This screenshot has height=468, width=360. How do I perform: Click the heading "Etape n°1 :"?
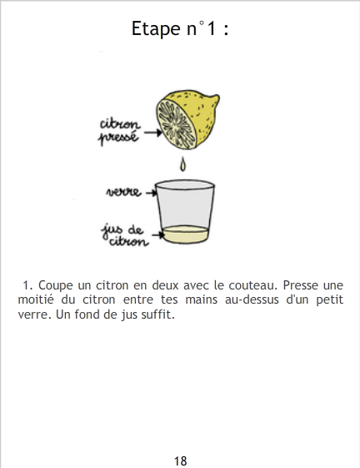180,28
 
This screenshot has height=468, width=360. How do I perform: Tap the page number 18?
181,460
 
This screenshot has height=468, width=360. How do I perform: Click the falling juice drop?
182,164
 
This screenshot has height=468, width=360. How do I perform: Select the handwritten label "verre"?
123,192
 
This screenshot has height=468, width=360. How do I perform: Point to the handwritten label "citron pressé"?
119,131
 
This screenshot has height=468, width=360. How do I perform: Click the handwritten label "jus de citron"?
125,235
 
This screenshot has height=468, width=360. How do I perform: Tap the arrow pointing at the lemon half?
153,132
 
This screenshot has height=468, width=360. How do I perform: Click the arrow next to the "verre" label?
151,193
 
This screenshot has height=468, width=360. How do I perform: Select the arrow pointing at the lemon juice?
157,235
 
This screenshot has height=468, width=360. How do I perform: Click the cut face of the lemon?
177,123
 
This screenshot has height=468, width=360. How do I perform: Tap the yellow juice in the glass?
185,234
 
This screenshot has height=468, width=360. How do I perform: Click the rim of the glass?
185,185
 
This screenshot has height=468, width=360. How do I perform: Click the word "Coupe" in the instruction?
56,285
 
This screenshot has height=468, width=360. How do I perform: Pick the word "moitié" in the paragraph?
36,299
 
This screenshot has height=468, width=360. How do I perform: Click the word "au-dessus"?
252,299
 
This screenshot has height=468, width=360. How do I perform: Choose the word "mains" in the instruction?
202,299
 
